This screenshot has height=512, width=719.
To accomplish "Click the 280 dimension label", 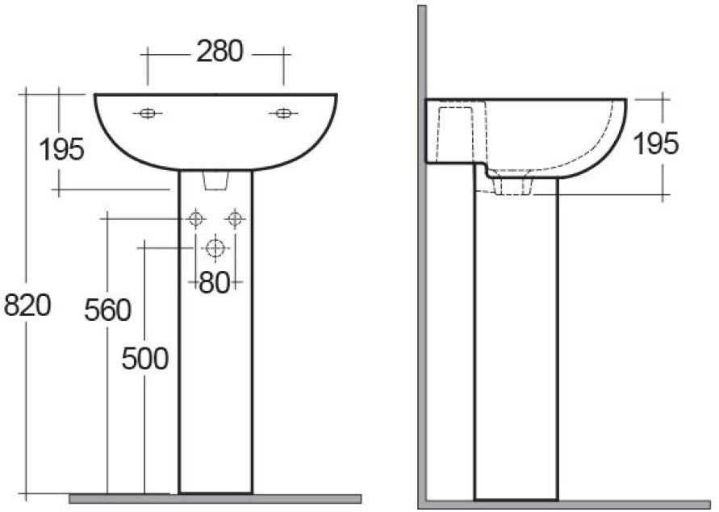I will coord(219,52).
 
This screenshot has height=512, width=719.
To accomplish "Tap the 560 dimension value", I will coord(107,310).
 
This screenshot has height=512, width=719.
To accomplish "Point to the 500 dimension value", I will coord(145,358).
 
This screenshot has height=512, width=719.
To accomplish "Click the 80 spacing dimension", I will coord(214,283).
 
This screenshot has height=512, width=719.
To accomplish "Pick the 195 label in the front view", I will coord(62,149).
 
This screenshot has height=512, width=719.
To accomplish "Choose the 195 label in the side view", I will coord(655,144).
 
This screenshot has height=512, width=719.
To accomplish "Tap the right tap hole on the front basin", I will coord(282,114).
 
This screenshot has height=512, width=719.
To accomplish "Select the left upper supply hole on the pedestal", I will coord(194,218).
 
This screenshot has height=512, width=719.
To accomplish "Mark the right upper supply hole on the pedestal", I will coord(234,218).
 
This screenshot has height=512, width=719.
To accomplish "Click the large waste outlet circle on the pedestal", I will coord(215,248).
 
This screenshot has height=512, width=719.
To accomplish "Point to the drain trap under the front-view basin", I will coord(215,182).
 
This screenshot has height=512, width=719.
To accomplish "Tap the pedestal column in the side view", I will coord(514,339).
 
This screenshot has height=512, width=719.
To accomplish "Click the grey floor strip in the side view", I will coord(565,506).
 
